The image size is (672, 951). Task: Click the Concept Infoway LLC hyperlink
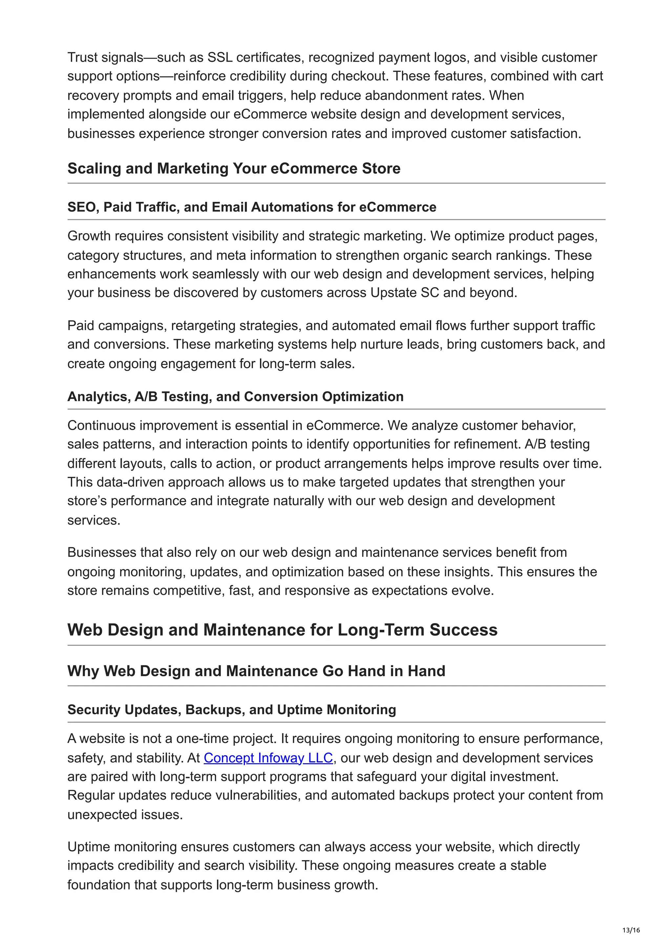268,758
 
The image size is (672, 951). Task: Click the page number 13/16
631,930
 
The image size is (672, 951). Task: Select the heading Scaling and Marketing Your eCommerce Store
234,169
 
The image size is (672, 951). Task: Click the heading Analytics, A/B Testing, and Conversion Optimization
235,397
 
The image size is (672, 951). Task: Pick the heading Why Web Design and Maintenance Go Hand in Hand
256,671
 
